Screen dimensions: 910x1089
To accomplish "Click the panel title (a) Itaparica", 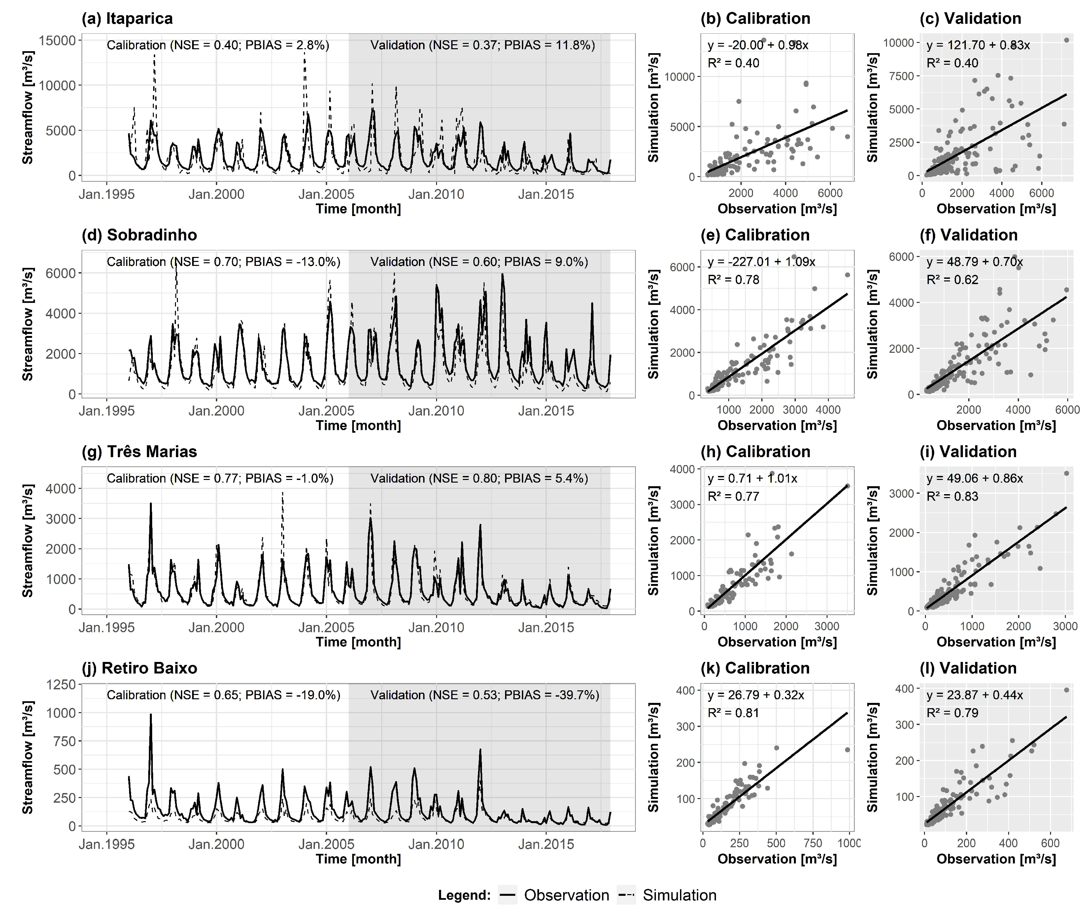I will (x=127, y=19).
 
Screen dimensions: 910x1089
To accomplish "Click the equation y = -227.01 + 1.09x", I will (x=761, y=262).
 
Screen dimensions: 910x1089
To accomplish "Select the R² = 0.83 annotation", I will (x=952, y=496).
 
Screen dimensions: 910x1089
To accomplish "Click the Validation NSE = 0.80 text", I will (x=479, y=478).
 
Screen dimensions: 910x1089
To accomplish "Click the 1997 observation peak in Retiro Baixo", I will (x=151, y=715).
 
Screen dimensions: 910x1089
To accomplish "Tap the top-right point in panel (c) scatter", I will (x=1067, y=40).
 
